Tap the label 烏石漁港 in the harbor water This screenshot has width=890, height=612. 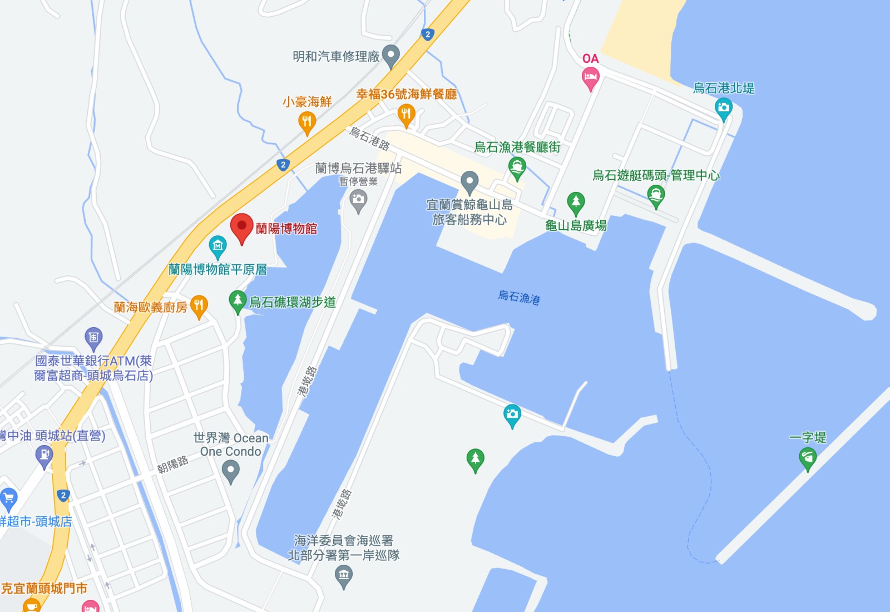tap(518, 297)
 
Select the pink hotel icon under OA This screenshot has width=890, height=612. tap(590, 77)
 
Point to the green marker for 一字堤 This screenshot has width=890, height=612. tap(808, 458)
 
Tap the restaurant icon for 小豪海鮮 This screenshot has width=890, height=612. tap(307, 121)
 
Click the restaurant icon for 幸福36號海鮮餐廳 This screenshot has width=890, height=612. tap(407, 115)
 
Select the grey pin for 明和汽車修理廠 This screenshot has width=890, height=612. tap(391, 55)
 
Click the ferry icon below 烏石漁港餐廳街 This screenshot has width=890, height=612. tap(517, 167)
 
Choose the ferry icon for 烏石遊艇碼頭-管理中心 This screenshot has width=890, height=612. tap(656, 195)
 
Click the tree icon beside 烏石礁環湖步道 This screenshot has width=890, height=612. tap(238, 301)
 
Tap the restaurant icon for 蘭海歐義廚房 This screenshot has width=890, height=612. tap(199, 305)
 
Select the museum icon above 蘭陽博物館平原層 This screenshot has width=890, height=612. tap(217, 245)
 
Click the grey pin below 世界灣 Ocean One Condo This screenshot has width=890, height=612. tap(230, 471)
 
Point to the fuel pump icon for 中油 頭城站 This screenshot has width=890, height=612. tap(44, 456)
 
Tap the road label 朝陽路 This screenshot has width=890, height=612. tap(172, 465)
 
